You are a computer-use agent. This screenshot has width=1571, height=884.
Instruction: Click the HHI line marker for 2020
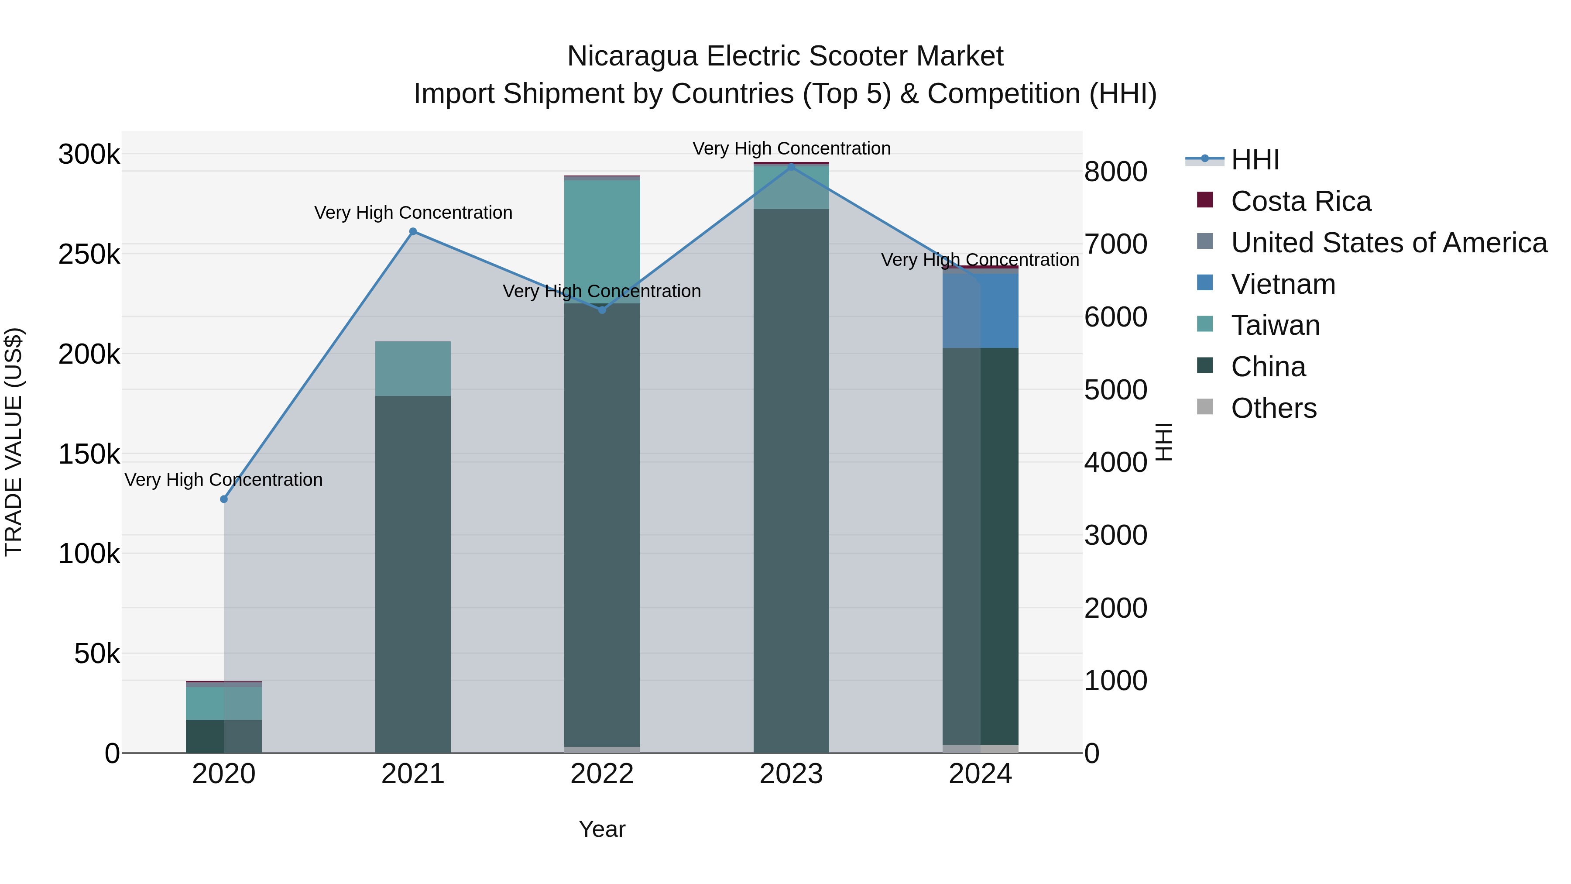[224, 499]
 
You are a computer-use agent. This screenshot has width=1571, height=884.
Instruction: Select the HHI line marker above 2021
[413, 231]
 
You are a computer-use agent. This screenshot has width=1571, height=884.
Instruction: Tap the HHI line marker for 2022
[602, 310]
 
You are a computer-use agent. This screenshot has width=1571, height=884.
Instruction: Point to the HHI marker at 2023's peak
[791, 167]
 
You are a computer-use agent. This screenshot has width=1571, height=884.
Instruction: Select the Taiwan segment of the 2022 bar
[602, 241]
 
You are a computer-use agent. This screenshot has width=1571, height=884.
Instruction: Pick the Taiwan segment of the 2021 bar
[413, 368]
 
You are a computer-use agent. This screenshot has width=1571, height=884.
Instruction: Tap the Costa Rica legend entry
[1300, 201]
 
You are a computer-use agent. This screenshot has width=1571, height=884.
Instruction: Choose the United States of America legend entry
[1388, 243]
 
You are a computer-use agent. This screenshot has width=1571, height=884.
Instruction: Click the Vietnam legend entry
[1283, 284]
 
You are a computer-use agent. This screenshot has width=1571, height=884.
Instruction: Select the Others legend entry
[1273, 408]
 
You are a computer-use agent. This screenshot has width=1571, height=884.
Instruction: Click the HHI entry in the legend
[1255, 160]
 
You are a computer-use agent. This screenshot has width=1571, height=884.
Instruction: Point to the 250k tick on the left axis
[89, 255]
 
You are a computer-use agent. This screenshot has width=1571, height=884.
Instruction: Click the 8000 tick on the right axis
[1115, 172]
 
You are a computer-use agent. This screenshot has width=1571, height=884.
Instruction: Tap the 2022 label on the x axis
[602, 774]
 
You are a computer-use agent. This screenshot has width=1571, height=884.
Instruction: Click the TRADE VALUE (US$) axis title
[14, 442]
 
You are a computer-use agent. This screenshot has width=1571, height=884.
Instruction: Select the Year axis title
[602, 829]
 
